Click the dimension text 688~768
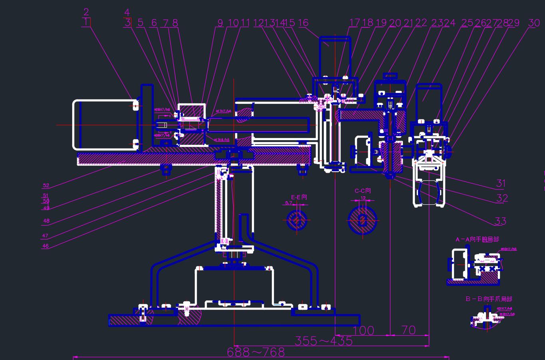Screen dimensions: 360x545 (x=256, y=352)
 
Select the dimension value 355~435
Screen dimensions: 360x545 (x=323, y=341)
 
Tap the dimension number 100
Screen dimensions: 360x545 (x=363, y=330)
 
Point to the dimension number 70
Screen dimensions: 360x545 (x=408, y=330)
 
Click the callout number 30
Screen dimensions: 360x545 (x=534, y=23)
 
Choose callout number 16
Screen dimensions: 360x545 (x=303, y=23)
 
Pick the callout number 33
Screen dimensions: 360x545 (x=500, y=221)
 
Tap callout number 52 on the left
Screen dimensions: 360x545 (x=46, y=186)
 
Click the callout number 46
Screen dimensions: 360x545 (x=46, y=246)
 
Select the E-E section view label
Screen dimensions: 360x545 (x=299, y=197)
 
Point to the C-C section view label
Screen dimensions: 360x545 (x=363, y=191)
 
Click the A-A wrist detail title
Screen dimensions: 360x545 (x=477, y=239)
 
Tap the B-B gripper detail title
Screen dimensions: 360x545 (x=489, y=299)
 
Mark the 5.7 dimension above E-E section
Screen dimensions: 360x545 (x=289, y=203)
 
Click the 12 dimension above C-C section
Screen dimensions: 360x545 (x=363, y=198)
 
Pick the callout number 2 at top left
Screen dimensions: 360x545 (x=86, y=12)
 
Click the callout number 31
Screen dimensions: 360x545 (x=501, y=184)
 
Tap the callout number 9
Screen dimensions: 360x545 (x=220, y=23)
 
